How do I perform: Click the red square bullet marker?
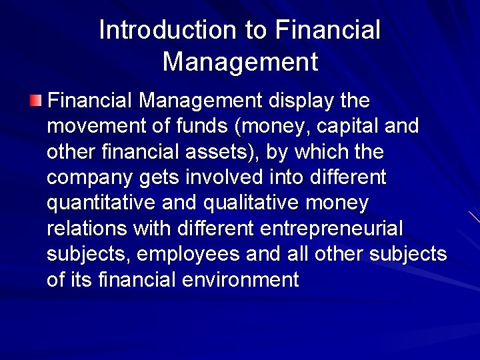click(35, 101)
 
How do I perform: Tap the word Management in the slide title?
click(240, 62)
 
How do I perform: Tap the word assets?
click(223, 152)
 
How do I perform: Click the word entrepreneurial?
click(331, 229)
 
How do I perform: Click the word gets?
click(157, 178)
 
